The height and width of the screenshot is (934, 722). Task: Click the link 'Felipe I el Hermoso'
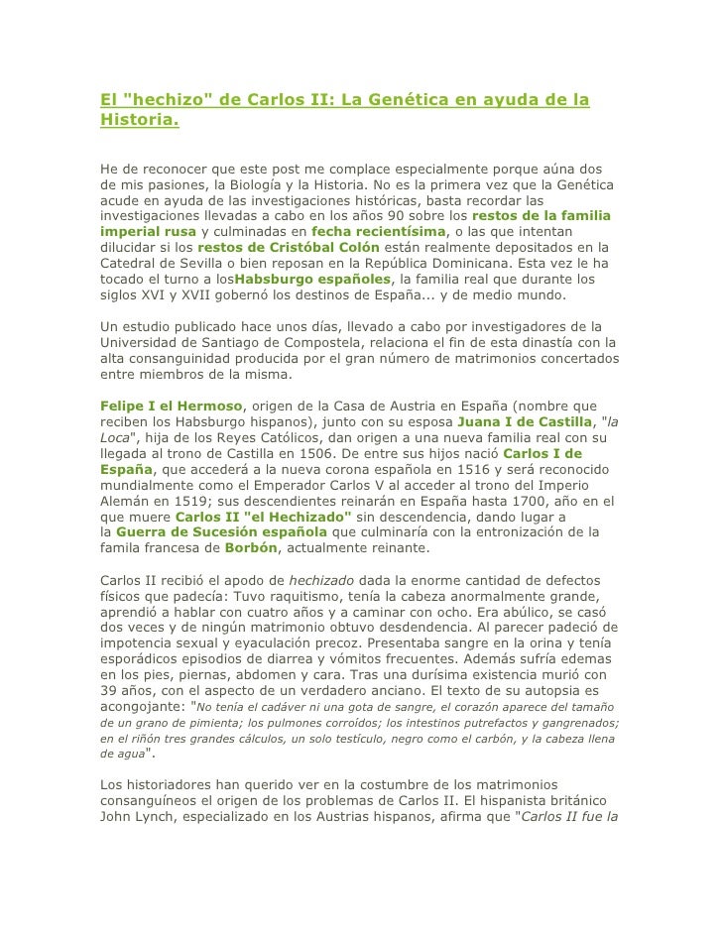point(173,407)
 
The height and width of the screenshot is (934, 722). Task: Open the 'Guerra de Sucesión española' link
point(220,533)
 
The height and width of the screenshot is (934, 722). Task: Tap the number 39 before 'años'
point(110,692)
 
